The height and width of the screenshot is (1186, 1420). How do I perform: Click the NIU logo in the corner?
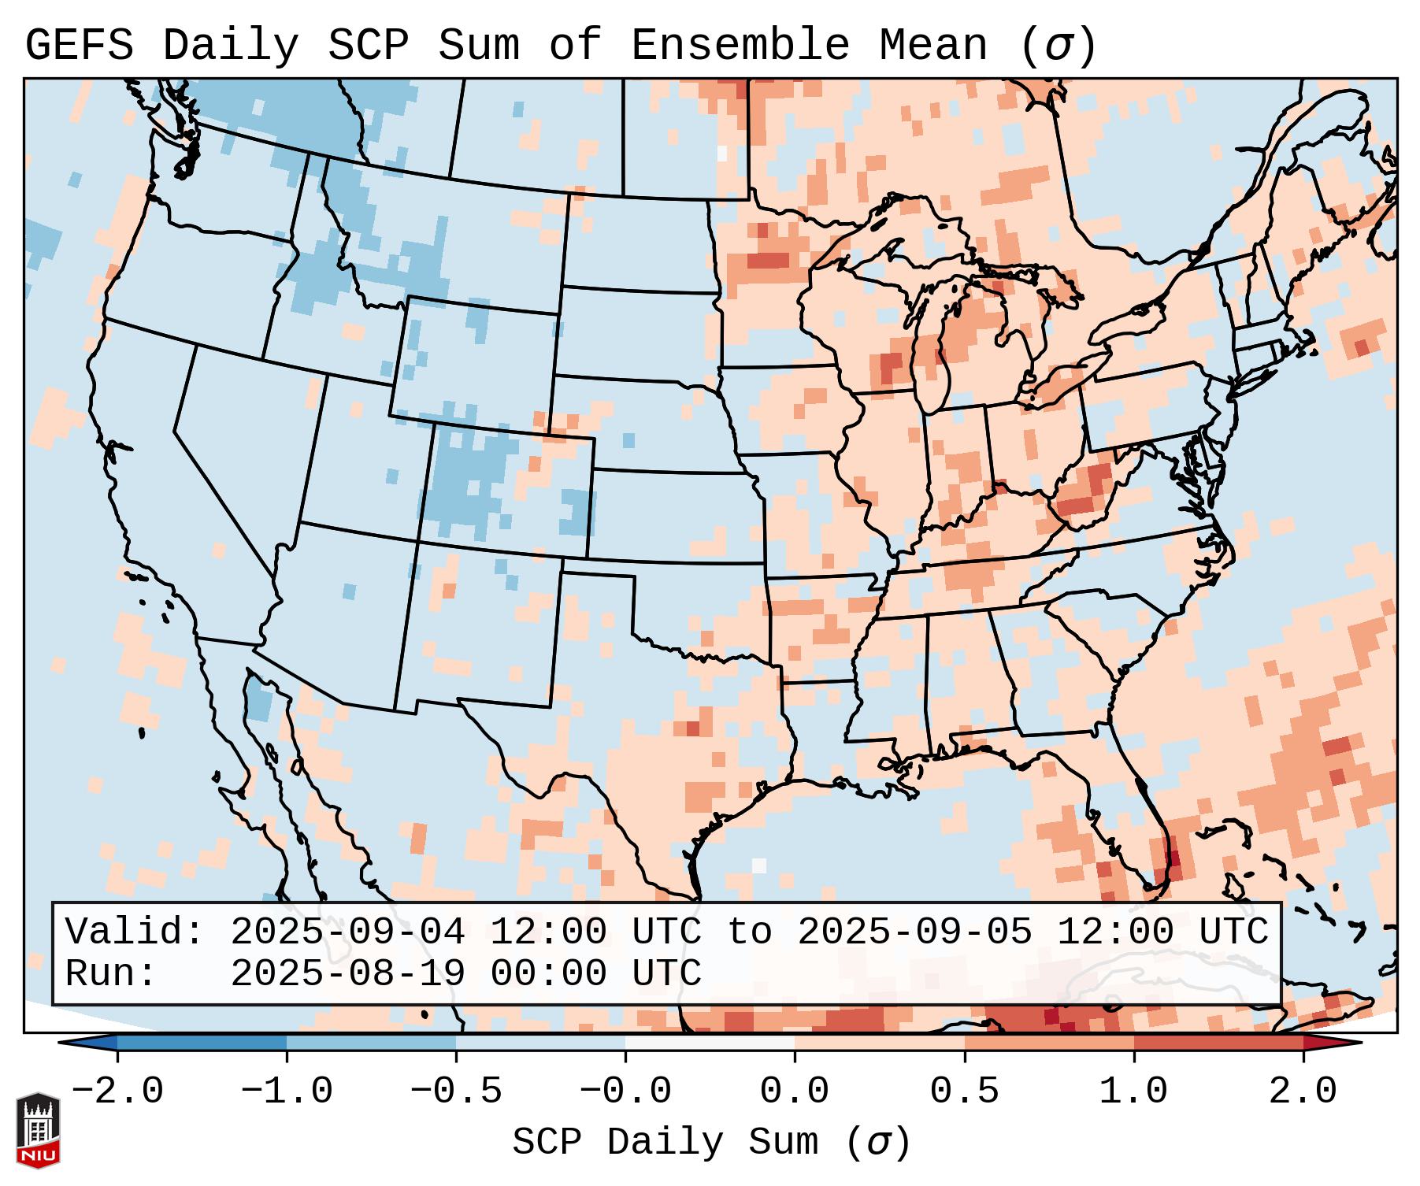click(x=38, y=1129)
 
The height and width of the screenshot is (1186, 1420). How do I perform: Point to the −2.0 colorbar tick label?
click(x=117, y=1091)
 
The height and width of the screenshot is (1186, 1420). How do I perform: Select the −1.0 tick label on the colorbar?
click(x=287, y=1091)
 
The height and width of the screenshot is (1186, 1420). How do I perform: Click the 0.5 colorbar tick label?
click(x=964, y=1091)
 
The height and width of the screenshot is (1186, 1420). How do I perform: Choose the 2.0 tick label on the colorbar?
click(x=1303, y=1091)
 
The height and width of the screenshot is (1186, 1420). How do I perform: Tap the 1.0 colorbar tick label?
click(x=1133, y=1091)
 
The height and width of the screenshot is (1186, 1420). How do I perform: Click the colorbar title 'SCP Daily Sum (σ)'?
click(x=711, y=1142)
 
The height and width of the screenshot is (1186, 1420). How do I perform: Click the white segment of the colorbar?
click(x=710, y=1043)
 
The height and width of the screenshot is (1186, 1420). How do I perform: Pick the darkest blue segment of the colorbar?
click(x=202, y=1043)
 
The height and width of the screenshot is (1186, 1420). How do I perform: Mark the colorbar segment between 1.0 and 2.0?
click(x=1218, y=1043)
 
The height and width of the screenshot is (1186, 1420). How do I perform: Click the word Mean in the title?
click(x=932, y=46)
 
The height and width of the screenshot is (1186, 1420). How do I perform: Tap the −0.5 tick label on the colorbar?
click(x=456, y=1091)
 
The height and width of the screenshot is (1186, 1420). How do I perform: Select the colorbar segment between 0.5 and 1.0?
click(x=1049, y=1043)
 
